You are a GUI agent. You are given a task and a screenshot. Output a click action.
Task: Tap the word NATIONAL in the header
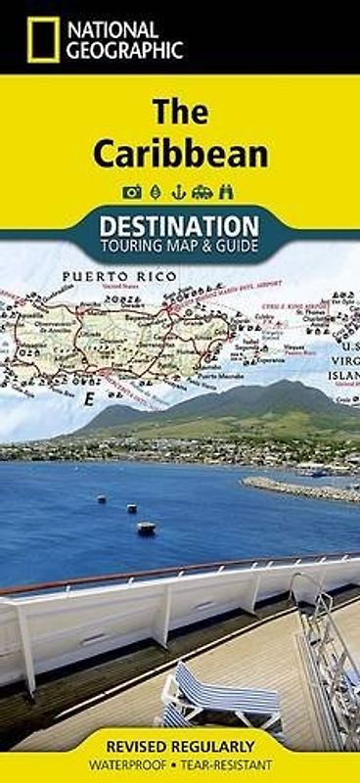click(x=114, y=27)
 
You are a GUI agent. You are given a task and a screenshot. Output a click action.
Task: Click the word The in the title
click(x=179, y=114)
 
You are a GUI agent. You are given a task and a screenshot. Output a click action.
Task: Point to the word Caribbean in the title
click(x=180, y=154)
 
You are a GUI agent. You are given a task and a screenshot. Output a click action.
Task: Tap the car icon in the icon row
click(x=200, y=189)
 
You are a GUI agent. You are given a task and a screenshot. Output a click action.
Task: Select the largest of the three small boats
click(x=146, y=528)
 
